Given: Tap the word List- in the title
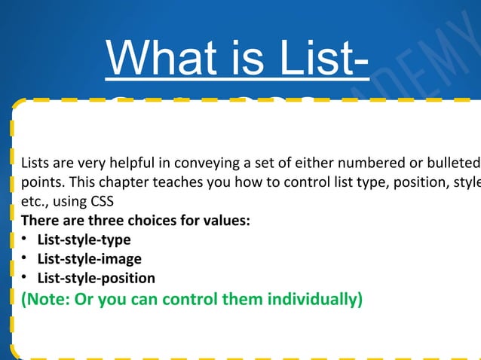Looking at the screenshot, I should pyautogui.click(x=309, y=58).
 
